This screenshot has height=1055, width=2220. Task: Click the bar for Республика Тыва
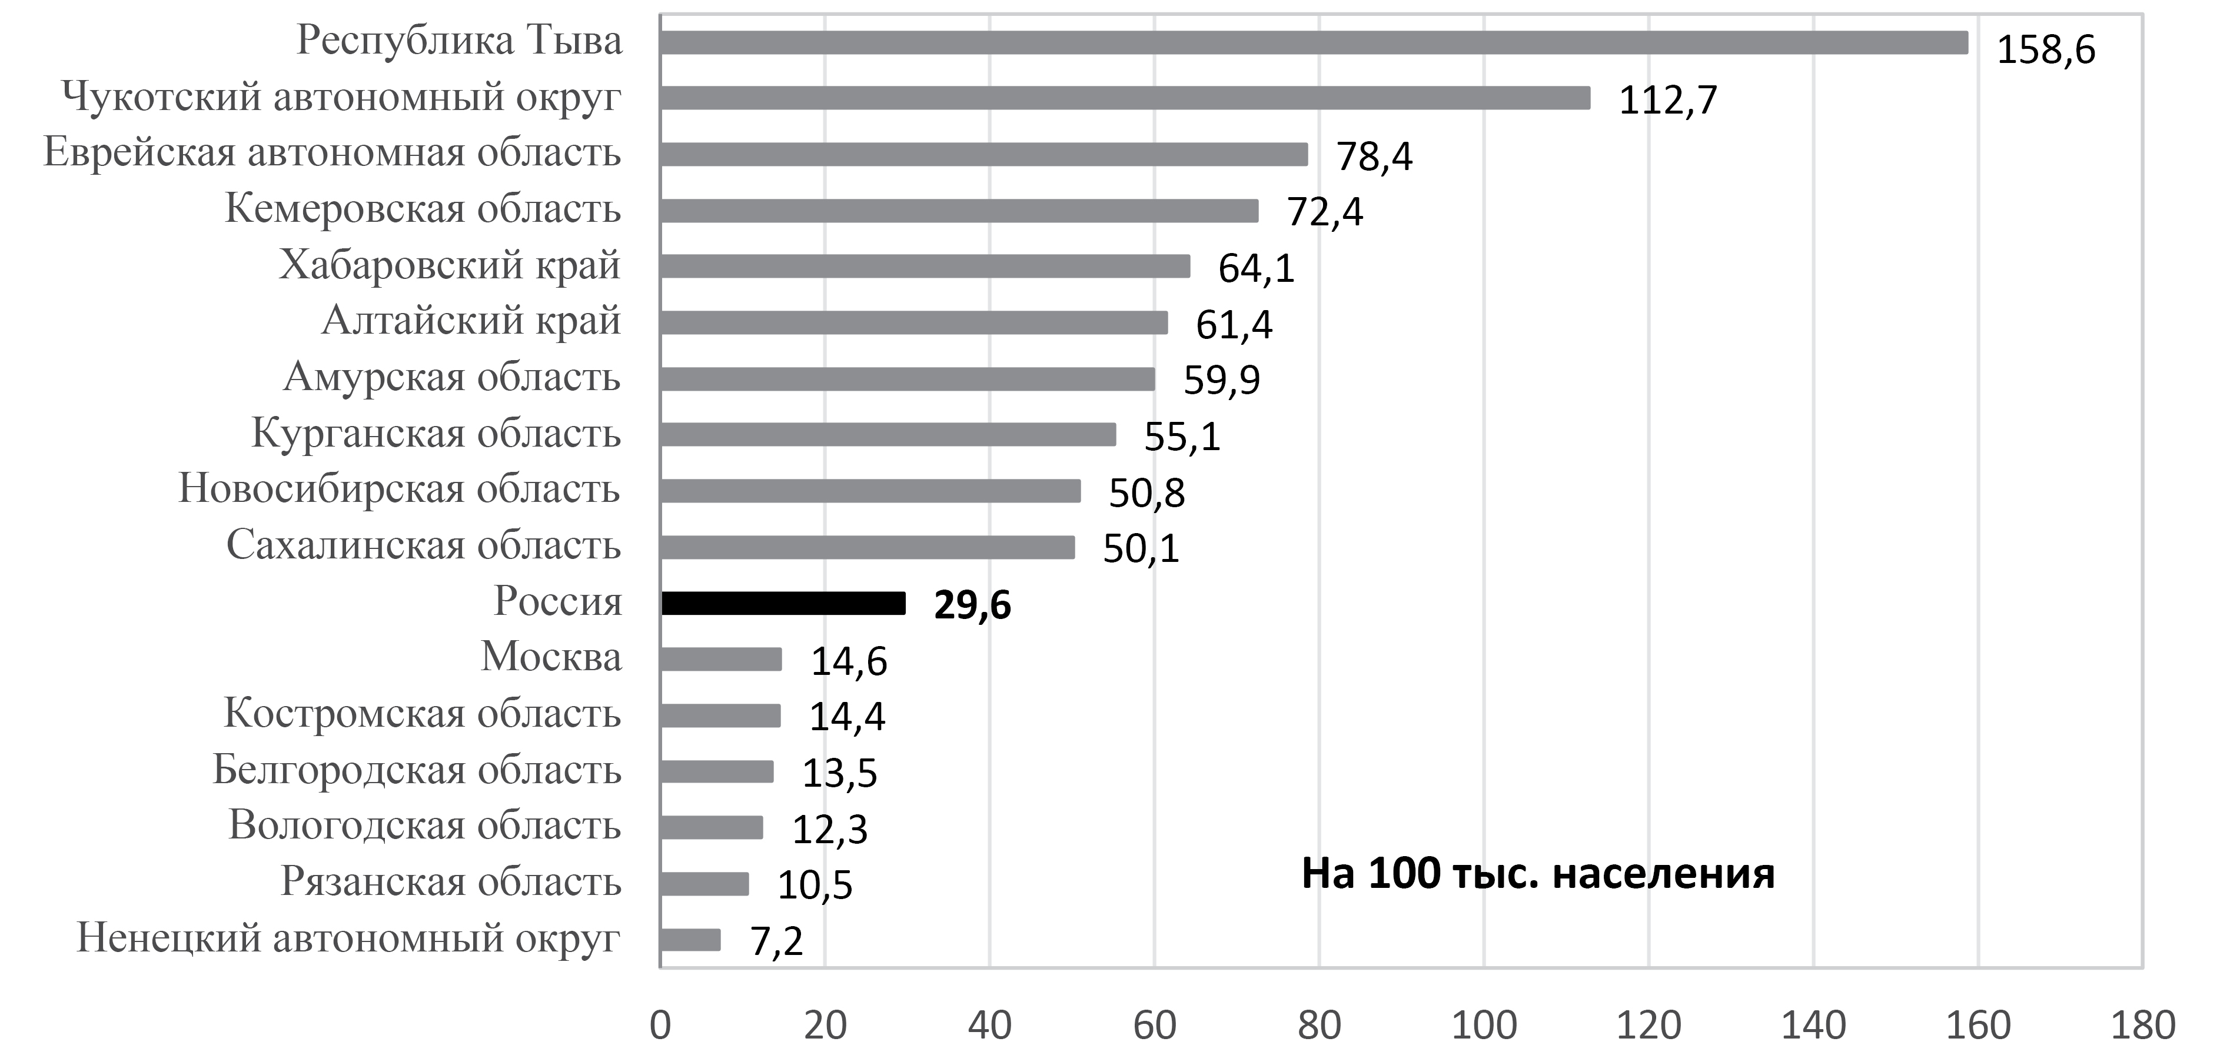click(1314, 42)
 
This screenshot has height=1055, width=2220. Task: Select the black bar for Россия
click(783, 603)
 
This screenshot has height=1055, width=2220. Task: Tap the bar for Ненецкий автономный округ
click(690, 940)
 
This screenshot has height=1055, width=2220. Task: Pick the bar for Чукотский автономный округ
click(1125, 98)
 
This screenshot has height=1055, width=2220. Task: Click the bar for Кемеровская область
click(959, 210)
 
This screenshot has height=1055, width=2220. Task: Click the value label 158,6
click(2046, 50)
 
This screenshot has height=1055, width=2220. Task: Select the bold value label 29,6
click(972, 606)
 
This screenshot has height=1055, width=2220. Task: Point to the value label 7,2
click(776, 941)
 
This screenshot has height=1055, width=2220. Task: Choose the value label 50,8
click(1146, 493)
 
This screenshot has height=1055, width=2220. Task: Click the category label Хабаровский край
click(449, 265)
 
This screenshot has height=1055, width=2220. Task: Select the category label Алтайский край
click(471, 321)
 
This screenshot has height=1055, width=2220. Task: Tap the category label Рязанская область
click(451, 882)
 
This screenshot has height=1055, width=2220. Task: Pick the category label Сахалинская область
click(423, 545)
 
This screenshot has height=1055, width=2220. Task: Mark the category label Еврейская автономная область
click(332, 152)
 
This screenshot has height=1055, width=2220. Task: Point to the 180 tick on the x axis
click(2142, 1026)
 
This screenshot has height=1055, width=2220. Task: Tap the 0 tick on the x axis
click(660, 1026)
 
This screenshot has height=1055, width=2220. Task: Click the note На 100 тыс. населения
click(1537, 873)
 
